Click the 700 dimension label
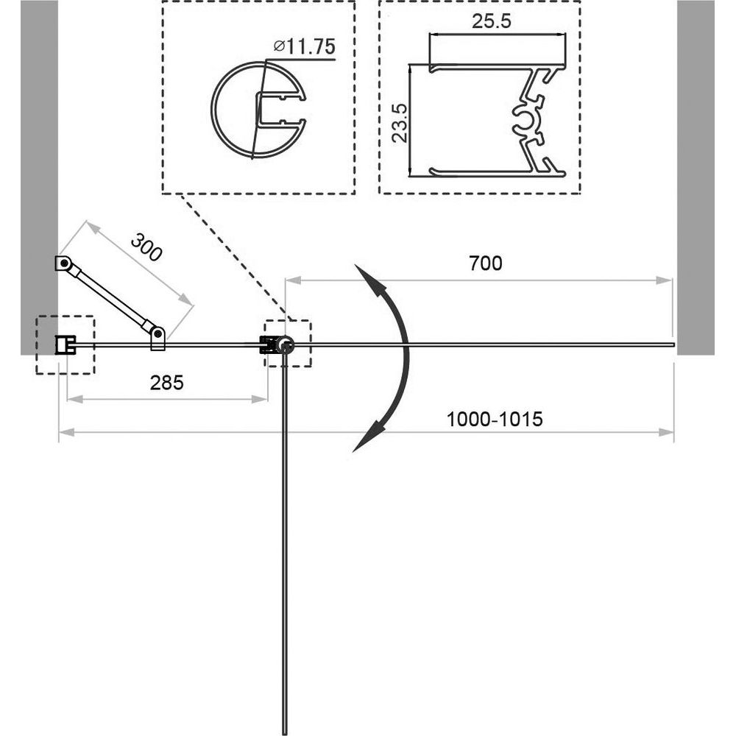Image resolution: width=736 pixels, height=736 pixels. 485,263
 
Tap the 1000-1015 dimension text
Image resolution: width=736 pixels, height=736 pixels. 494,419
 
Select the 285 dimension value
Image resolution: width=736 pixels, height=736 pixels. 166,383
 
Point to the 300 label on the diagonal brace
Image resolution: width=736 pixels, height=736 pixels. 146,247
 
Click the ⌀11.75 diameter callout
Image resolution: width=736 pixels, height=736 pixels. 305,46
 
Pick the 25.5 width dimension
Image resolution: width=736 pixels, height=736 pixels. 491,21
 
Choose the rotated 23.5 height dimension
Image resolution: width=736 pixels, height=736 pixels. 400,123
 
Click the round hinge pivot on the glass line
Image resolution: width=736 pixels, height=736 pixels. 284,345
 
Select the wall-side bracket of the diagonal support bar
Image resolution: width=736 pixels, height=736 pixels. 63,263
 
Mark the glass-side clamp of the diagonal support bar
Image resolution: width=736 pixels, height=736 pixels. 158,338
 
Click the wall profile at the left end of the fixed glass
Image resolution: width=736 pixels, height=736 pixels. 65,345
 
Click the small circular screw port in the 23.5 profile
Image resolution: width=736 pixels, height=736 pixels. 525,120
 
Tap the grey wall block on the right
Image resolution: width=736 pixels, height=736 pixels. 696,177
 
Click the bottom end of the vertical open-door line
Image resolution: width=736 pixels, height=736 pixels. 284,734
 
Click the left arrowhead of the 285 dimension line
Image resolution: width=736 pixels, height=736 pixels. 76,400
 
